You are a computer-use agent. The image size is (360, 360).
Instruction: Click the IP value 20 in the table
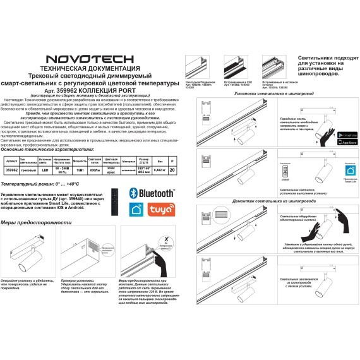[x=172, y=170]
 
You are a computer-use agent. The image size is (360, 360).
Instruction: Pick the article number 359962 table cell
[x=11, y=170]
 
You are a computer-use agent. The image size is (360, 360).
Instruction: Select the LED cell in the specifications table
[x=45, y=170]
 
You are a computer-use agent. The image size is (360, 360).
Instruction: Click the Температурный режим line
[x=39, y=183]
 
